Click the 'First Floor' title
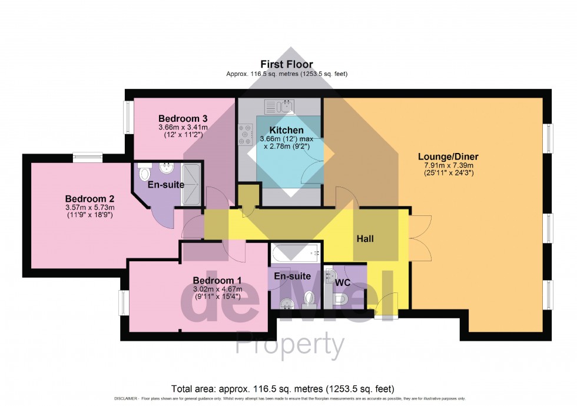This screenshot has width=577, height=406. click(287, 64)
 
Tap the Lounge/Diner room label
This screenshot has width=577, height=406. click(448, 157)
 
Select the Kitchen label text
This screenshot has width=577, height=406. click(287, 130)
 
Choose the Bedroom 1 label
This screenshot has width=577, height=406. click(217, 280)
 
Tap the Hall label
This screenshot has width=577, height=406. click(364, 239)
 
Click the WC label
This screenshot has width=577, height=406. click(343, 283)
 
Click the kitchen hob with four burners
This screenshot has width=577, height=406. click(246, 135)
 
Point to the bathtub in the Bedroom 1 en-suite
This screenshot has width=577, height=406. click(296, 254)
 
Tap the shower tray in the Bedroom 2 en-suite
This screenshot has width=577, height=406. click(191, 175)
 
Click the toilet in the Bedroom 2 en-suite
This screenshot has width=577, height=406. click(144, 174)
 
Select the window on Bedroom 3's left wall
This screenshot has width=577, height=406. click(127, 117)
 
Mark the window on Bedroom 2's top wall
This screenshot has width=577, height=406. click(88, 157)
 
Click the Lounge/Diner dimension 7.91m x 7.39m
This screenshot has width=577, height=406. click(448, 165)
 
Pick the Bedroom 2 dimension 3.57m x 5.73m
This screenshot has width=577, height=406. click(89, 207)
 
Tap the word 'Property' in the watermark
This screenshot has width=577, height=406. click(290, 346)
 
